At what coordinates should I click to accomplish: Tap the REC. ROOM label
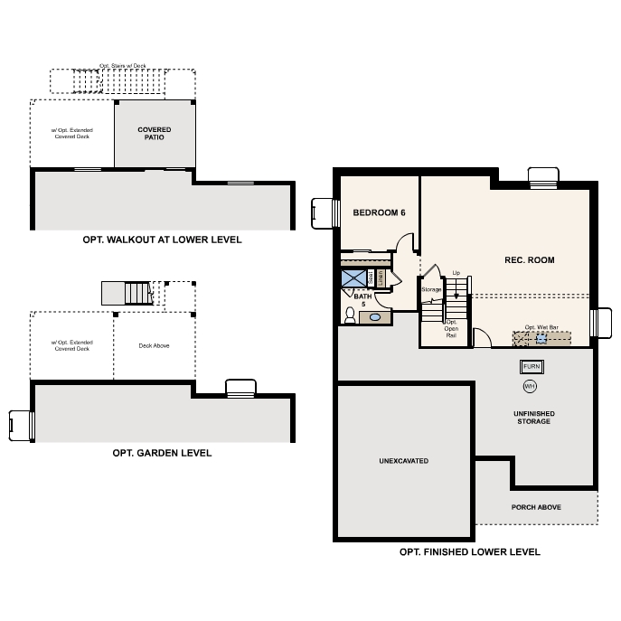pos(529,260)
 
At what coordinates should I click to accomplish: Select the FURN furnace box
pos(531,367)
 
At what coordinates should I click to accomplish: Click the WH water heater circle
pos(530,386)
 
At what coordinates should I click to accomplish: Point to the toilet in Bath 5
pos(350,315)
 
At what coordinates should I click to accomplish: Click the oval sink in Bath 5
pos(377,316)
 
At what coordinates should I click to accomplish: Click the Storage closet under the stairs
pos(431,289)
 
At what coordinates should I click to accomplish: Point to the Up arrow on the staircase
pos(456,287)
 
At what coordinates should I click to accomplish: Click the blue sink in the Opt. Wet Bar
pos(541,339)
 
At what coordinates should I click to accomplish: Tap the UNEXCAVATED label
pos(403,461)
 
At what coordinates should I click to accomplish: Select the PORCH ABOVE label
pos(536,507)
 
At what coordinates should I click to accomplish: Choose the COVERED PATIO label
pos(154,134)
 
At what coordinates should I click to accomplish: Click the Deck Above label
pos(154,345)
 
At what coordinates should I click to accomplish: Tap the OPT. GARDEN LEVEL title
pos(162,453)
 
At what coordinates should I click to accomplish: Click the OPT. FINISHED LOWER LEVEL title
pos(470,551)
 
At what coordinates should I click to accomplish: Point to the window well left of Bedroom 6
pos(321,213)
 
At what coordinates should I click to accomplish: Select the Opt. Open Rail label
pos(451,328)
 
